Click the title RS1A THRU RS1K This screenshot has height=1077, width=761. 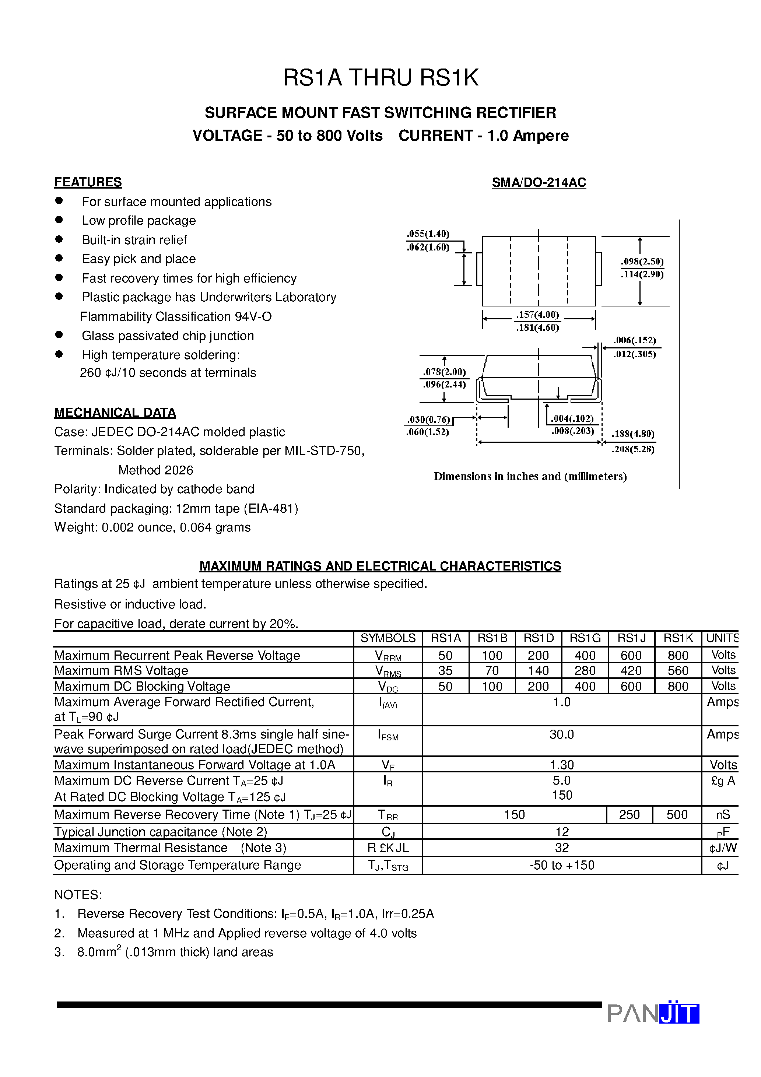click(380, 78)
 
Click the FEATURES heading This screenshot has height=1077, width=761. click(88, 182)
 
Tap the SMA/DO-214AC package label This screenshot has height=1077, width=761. click(539, 182)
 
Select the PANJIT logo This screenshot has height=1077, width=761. click(653, 1013)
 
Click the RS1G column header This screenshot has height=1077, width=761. click(585, 638)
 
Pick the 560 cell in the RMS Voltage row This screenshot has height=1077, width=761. click(677, 670)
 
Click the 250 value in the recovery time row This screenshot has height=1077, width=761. click(629, 814)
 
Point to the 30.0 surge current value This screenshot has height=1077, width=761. click(562, 734)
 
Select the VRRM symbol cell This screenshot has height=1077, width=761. click(387, 656)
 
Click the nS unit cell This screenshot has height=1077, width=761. click(723, 815)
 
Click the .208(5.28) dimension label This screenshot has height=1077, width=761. click(632, 449)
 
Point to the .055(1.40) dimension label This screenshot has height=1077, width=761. click(428, 234)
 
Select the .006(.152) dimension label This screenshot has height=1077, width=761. click(634, 340)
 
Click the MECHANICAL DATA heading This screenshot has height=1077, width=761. click(115, 413)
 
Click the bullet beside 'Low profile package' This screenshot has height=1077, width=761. click(59, 220)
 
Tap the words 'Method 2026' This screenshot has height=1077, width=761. click(156, 470)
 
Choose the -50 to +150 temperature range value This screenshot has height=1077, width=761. click(562, 865)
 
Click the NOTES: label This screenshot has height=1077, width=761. click(78, 895)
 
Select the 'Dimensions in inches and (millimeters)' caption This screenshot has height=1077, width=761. click(530, 476)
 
